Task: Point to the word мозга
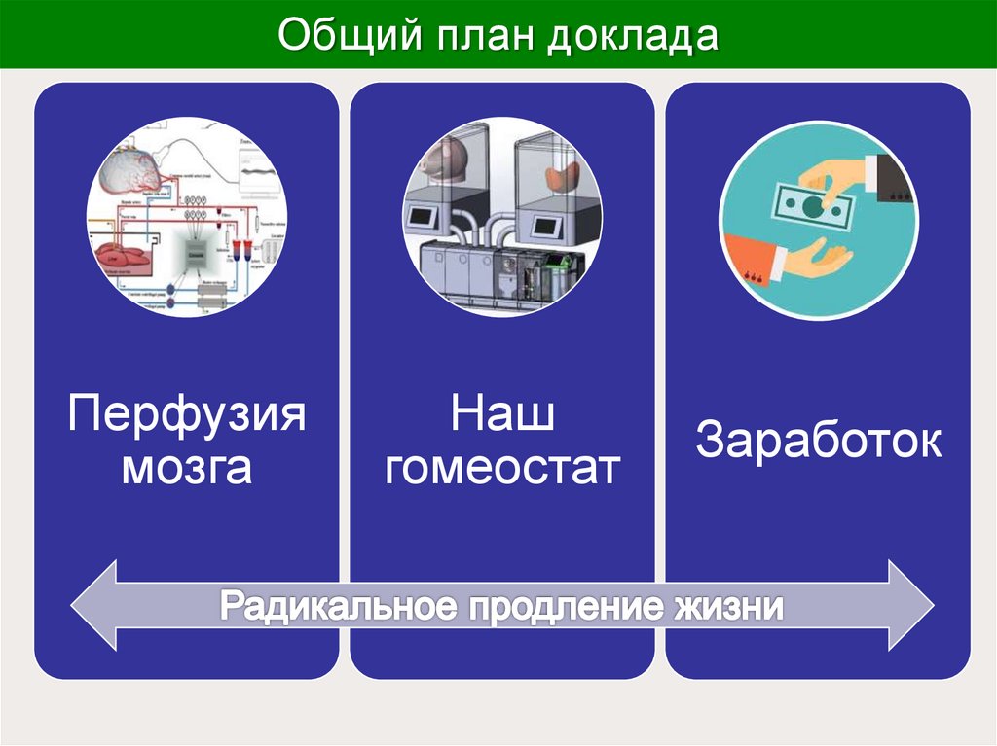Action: [x=187, y=468]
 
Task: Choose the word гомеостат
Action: [x=502, y=468]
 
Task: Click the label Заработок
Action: [x=818, y=442]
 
